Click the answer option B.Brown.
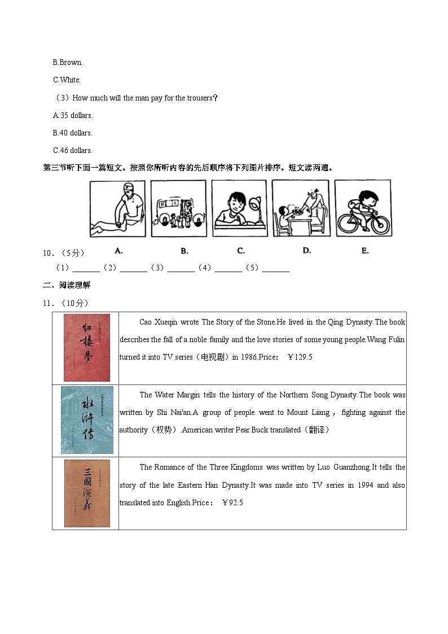(x=68, y=62)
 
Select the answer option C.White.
(x=67, y=80)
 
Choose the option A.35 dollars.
(x=73, y=115)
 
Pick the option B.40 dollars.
(x=73, y=133)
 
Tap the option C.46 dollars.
(x=73, y=150)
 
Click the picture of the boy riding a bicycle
(x=362, y=208)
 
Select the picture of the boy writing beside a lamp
(x=239, y=208)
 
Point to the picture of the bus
(x=178, y=208)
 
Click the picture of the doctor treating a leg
(x=117, y=208)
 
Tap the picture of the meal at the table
(x=300, y=208)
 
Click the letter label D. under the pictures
(x=306, y=251)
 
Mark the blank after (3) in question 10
(x=181, y=268)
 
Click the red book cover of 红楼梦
(x=86, y=348)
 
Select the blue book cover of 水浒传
(x=87, y=420)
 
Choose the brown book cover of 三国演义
(x=87, y=493)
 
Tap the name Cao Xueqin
(x=158, y=322)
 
